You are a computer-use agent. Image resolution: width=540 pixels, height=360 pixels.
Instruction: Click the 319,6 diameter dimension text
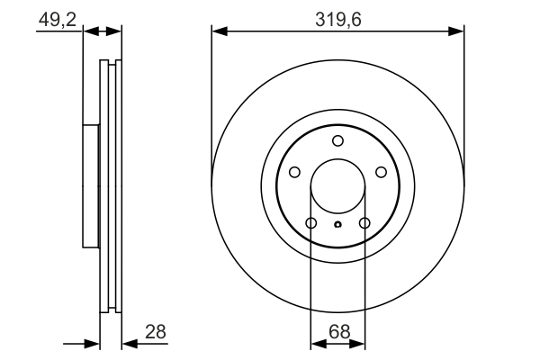tap(337, 17)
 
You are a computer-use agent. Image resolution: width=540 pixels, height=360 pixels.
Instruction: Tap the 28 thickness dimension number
tap(156, 332)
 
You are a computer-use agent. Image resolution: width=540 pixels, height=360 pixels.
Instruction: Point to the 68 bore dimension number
tap(337, 332)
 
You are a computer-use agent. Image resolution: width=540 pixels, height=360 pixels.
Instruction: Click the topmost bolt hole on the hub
tap(337, 140)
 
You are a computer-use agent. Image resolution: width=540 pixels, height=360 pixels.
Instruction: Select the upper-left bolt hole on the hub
tap(294, 173)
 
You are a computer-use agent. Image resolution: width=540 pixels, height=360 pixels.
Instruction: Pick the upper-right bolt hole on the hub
tap(381, 173)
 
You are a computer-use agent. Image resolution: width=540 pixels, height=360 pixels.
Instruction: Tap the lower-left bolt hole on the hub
tap(310, 223)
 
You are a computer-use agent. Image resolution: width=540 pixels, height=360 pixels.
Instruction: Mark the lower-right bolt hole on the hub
tap(364, 223)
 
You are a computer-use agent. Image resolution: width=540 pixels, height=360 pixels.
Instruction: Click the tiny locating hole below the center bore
tap(337, 225)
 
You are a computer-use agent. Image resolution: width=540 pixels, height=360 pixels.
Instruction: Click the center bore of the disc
tap(337, 190)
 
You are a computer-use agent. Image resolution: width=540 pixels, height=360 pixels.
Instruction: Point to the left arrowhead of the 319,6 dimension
tap(219, 31)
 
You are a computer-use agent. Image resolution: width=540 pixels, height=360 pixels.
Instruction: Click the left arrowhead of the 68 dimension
tap(317, 343)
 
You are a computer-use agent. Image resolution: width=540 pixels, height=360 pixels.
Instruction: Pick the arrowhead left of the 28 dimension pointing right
tap(91, 343)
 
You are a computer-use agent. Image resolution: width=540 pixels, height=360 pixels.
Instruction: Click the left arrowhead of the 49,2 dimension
tap(89, 31)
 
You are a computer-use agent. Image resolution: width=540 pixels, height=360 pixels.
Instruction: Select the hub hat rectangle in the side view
tap(90, 186)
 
